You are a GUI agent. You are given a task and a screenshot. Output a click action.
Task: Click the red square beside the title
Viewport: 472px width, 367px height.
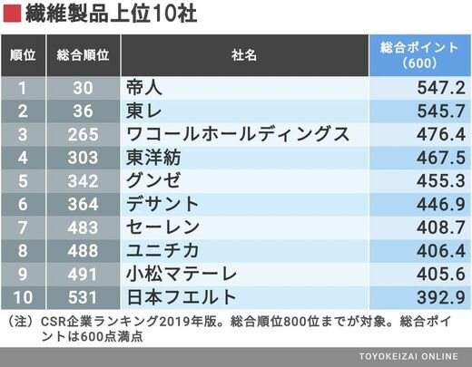pos(12,14)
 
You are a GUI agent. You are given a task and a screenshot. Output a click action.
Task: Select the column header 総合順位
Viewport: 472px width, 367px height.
pos(83,55)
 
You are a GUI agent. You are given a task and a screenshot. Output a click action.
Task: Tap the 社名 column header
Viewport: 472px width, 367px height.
pos(244,55)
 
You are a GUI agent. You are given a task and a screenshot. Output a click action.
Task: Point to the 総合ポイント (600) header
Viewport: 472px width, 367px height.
pos(419,55)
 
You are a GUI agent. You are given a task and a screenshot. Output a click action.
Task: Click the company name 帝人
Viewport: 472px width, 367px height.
pos(144,88)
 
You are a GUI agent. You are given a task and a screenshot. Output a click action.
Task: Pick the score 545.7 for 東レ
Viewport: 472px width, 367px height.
pos(441,111)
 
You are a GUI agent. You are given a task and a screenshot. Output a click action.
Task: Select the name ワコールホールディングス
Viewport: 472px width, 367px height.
pos(238,134)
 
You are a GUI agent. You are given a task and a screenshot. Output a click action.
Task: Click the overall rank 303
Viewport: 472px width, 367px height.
pos(83,158)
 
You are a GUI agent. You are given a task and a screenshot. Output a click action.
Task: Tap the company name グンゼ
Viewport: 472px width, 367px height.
pos(153,180)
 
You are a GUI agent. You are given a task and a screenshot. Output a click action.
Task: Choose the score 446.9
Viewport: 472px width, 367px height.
pos(441,204)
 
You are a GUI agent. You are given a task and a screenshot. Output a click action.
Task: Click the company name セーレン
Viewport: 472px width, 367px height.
pos(162,227)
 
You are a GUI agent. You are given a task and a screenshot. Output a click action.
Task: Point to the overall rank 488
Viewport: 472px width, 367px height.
pos(83,251)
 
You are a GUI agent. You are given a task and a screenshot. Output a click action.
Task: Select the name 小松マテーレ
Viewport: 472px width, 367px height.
pos(182,274)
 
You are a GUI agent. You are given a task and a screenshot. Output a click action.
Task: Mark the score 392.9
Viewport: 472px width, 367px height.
pos(441,297)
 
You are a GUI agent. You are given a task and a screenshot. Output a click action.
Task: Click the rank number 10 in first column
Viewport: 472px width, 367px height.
pos(23,297)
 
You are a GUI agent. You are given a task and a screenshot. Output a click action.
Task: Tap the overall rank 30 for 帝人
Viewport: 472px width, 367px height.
pos(83,88)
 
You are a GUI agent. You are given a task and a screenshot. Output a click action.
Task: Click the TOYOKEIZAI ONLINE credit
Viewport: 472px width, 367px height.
pos(408,356)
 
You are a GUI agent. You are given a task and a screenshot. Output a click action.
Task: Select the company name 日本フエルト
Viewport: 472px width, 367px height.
pos(182,297)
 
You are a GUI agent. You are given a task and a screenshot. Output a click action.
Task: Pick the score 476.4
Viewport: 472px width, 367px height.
pos(441,134)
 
